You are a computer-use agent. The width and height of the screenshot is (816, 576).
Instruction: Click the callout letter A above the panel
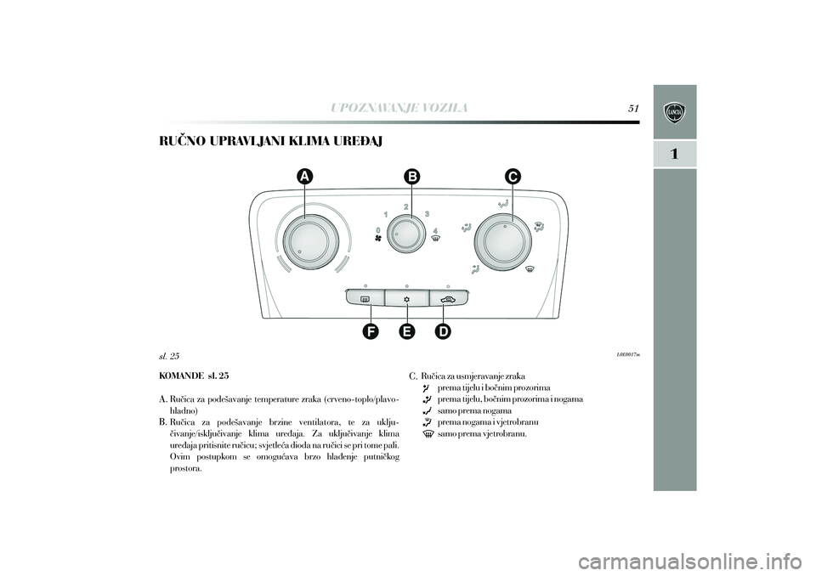point(305,177)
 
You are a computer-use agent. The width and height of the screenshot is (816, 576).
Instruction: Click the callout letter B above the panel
point(411,177)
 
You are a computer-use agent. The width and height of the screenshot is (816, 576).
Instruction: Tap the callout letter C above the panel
point(512,177)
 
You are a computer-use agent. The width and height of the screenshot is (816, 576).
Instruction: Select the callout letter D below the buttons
point(443,331)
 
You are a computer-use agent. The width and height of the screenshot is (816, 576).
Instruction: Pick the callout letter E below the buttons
point(407,331)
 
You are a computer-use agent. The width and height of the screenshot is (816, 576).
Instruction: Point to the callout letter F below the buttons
point(371,331)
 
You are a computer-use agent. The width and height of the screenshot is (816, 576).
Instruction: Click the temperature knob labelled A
point(305,242)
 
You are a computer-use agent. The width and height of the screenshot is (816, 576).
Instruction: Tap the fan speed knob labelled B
point(411,235)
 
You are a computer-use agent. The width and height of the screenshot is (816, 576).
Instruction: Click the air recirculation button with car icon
point(449,299)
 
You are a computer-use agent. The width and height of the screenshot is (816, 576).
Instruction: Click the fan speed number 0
point(377,229)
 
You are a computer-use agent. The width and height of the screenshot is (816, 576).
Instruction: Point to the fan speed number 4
point(435,230)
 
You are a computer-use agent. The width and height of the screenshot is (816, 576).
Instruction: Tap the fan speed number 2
point(405,207)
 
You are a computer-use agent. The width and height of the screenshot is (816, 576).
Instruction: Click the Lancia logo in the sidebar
point(674,112)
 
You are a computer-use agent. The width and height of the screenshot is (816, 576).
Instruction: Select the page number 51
point(632,108)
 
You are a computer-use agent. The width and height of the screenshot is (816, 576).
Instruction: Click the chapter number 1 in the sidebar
point(674,154)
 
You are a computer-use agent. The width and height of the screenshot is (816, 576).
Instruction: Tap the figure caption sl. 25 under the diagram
point(169,356)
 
